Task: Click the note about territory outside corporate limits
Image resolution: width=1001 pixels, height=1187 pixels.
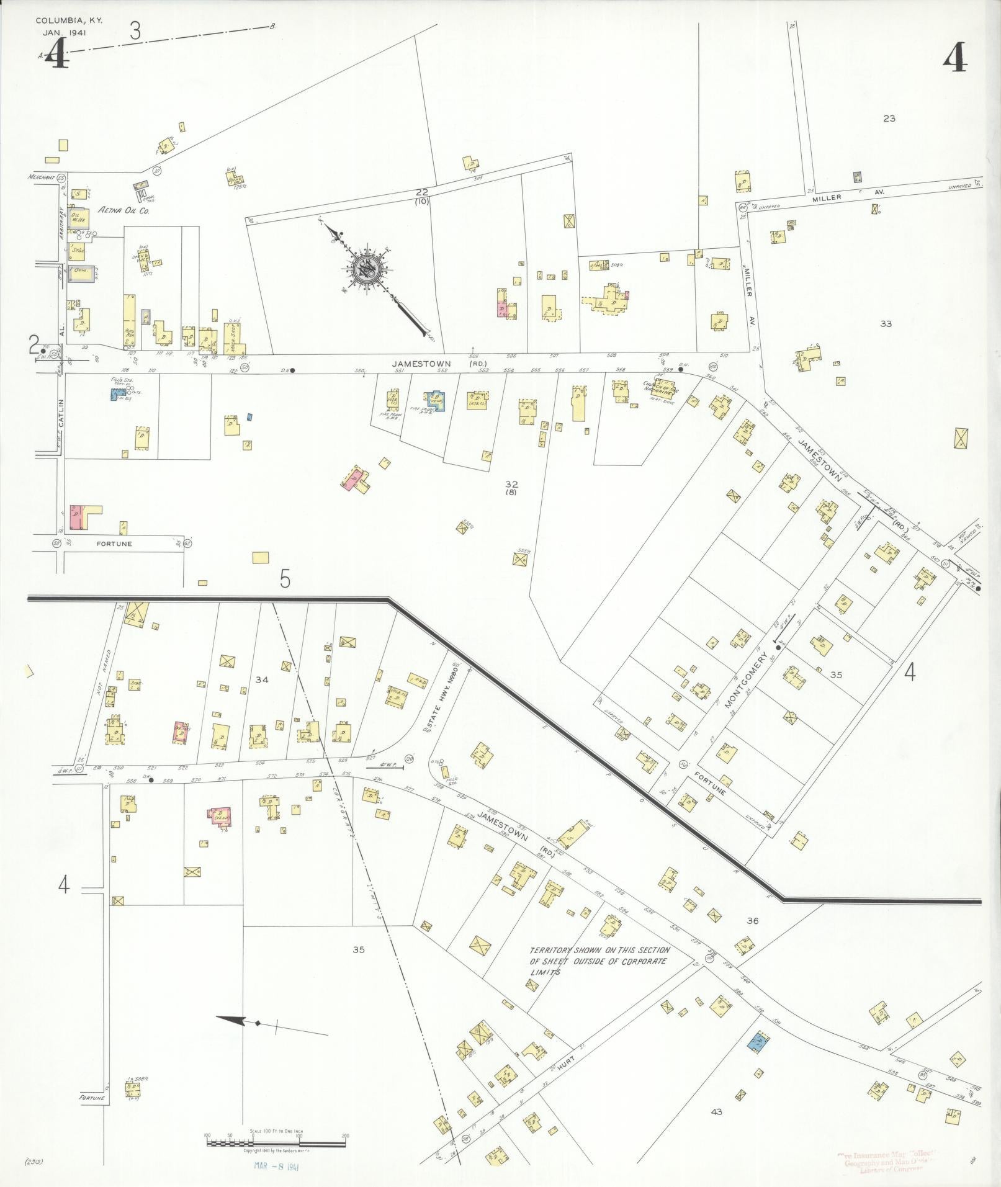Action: (x=598, y=961)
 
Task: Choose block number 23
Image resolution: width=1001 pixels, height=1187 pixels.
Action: (x=889, y=118)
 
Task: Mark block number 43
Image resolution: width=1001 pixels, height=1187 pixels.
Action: (x=717, y=1112)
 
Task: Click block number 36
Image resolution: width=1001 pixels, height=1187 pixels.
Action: (x=752, y=921)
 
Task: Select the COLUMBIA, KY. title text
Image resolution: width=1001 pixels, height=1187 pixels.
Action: (x=70, y=20)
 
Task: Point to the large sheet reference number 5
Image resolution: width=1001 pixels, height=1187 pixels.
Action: (x=285, y=579)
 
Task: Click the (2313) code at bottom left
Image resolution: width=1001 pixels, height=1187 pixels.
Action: (x=34, y=1160)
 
